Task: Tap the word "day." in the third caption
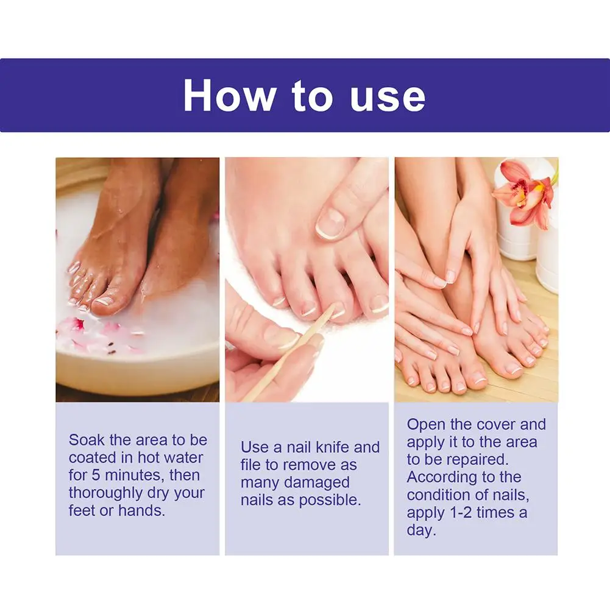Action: tap(421, 530)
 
